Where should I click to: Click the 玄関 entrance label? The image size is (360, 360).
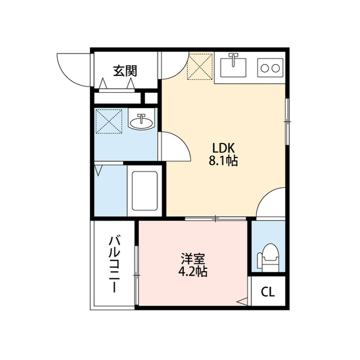click(x=125, y=71)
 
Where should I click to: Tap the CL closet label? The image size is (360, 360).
click(x=268, y=292)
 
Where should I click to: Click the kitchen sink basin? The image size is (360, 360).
click(x=234, y=66)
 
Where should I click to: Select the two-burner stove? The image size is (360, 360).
click(x=269, y=68)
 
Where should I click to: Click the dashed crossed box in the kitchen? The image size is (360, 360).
click(x=200, y=66)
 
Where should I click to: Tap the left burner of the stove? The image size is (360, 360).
click(x=263, y=68)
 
